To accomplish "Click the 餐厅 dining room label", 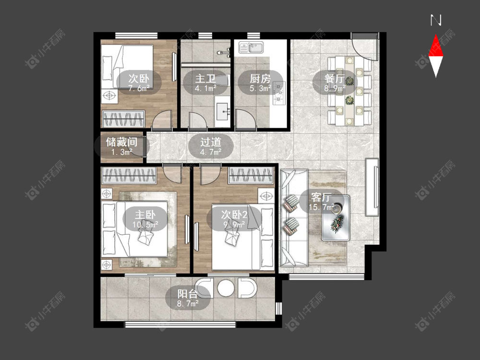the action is click(x=335, y=78).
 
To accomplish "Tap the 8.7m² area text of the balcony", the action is click(x=188, y=304).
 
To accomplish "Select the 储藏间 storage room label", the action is click(x=121, y=142).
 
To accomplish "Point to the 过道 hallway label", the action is click(x=211, y=142).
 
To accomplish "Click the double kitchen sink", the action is click(x=251, y=48).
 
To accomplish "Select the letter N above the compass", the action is click(x=436, y=21).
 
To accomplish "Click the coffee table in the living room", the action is click(x=336, y=217).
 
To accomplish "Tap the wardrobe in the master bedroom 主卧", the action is click(x=129, y=175).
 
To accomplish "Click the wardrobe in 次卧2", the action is click(x=251, y=175).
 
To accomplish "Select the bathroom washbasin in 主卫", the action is click(x=223, y=112).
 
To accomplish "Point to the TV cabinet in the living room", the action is click(x=372, y=187).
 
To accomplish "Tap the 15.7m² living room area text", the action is click(x=321, y=207).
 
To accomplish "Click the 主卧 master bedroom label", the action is click(x=145, y=215).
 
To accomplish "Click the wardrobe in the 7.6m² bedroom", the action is click(x=123, y=119).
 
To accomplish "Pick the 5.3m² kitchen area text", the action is click(x=260, y=88).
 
